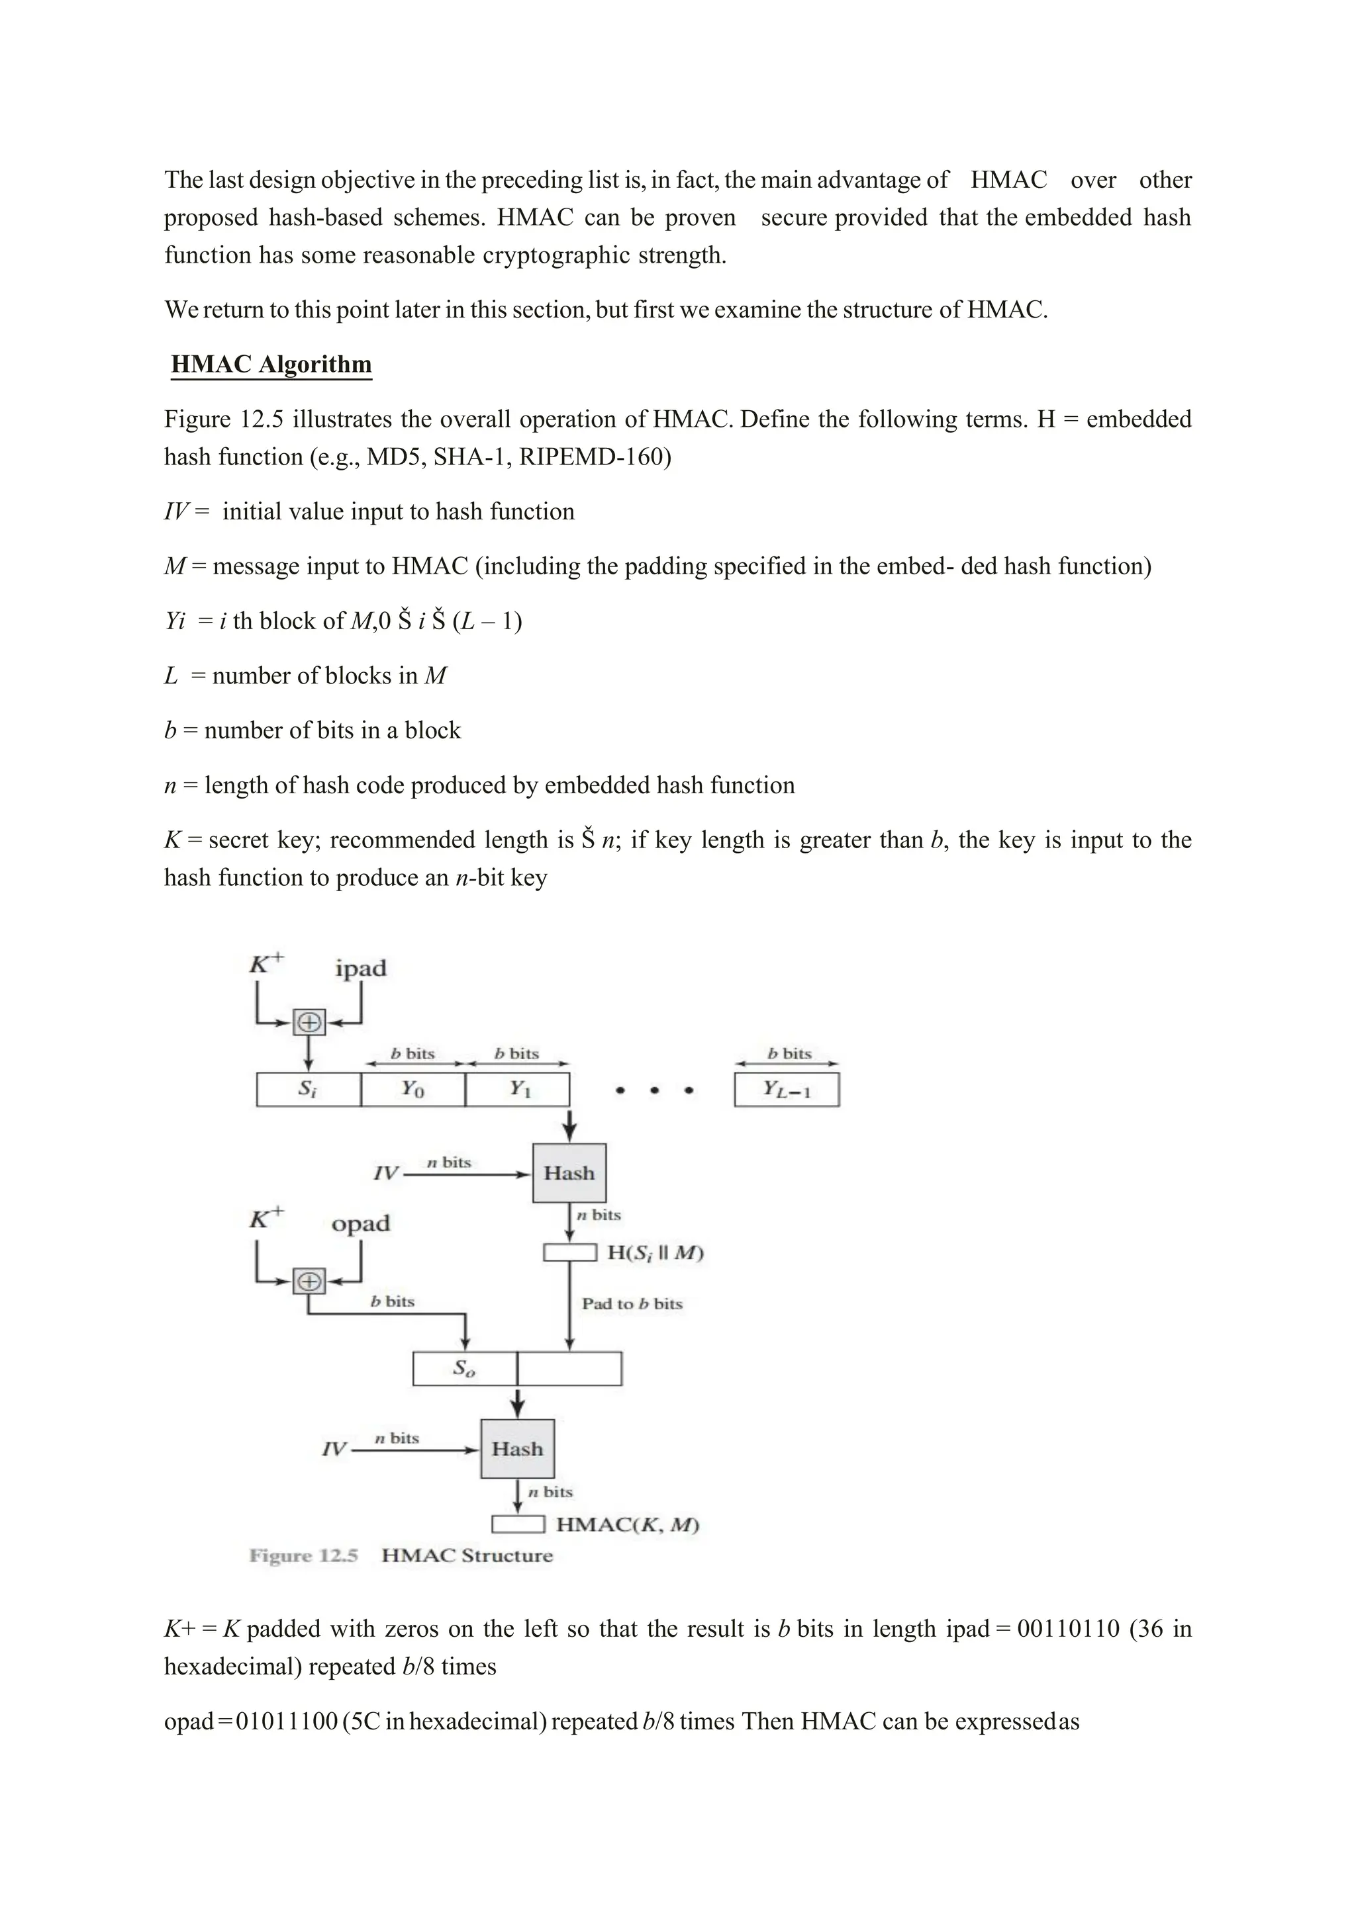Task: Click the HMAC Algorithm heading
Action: click(x=271, y=365)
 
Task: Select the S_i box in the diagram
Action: click(x=308, y=1090)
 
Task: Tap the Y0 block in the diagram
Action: click(x=412, y=1090)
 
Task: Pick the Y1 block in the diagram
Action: click(x=518, y=1090)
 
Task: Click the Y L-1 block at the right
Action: click(x=787, y=1090)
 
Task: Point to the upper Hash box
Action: click(x=569, y=1173)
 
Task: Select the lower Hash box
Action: click(x=518, y=1449)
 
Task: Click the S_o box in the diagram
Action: click(x=464, y=1369)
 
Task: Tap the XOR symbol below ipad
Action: click(x=309, y=1022)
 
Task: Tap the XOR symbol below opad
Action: click(x=309, y=1281)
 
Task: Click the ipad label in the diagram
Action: click(x=361, y=969)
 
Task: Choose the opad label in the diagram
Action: click(x=361, y=1224)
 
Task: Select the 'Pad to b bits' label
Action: click(x=632, y=1303)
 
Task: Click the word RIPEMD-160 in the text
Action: click(x=595, y=457)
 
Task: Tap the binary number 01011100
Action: click(x=287, y=1721)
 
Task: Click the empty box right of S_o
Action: click(x=569, y=1369)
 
